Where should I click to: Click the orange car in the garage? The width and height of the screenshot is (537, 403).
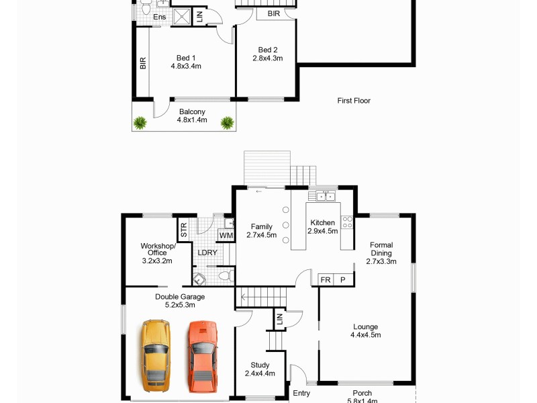tap(202, 356)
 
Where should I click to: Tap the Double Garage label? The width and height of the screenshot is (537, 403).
tap(180, 300)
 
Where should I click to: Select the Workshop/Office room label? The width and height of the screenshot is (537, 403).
tap(156, 253)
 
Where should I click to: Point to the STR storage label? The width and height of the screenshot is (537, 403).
tap(183, 230)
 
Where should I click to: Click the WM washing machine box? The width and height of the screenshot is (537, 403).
tap(226, 236)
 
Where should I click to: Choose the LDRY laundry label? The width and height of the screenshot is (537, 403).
tap(207, 253)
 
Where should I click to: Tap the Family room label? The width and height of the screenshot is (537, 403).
tap(261, 230)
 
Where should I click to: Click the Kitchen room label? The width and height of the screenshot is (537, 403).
tap(322, 227)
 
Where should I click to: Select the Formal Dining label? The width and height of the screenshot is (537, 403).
tap(381, 253)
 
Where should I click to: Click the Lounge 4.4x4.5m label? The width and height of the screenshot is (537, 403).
tap(365, 331)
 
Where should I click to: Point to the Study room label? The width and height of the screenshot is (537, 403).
tap(259, 369)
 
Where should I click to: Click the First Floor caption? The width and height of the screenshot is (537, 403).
tap(354, 101)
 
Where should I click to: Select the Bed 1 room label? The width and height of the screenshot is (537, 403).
tap(186, 62)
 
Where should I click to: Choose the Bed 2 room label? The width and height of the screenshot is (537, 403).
tap(267, 54)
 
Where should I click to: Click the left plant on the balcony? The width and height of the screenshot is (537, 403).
tap(140, 122)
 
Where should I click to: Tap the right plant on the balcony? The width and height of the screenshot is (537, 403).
tap(228, 122)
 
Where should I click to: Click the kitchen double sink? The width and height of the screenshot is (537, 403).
tap(326, 196)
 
